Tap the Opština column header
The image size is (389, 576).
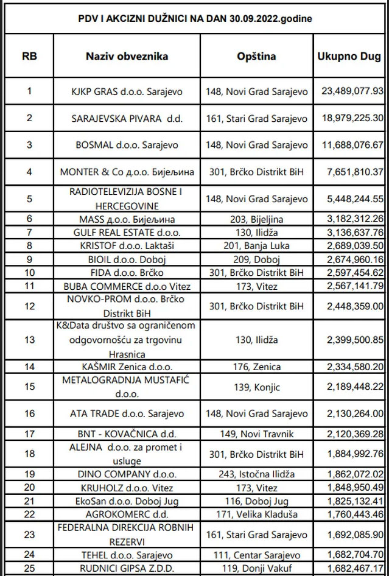256,57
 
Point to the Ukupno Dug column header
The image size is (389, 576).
349,57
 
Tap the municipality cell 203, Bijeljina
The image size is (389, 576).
256,219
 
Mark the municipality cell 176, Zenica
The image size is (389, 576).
256,367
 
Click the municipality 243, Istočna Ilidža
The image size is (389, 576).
256,473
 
